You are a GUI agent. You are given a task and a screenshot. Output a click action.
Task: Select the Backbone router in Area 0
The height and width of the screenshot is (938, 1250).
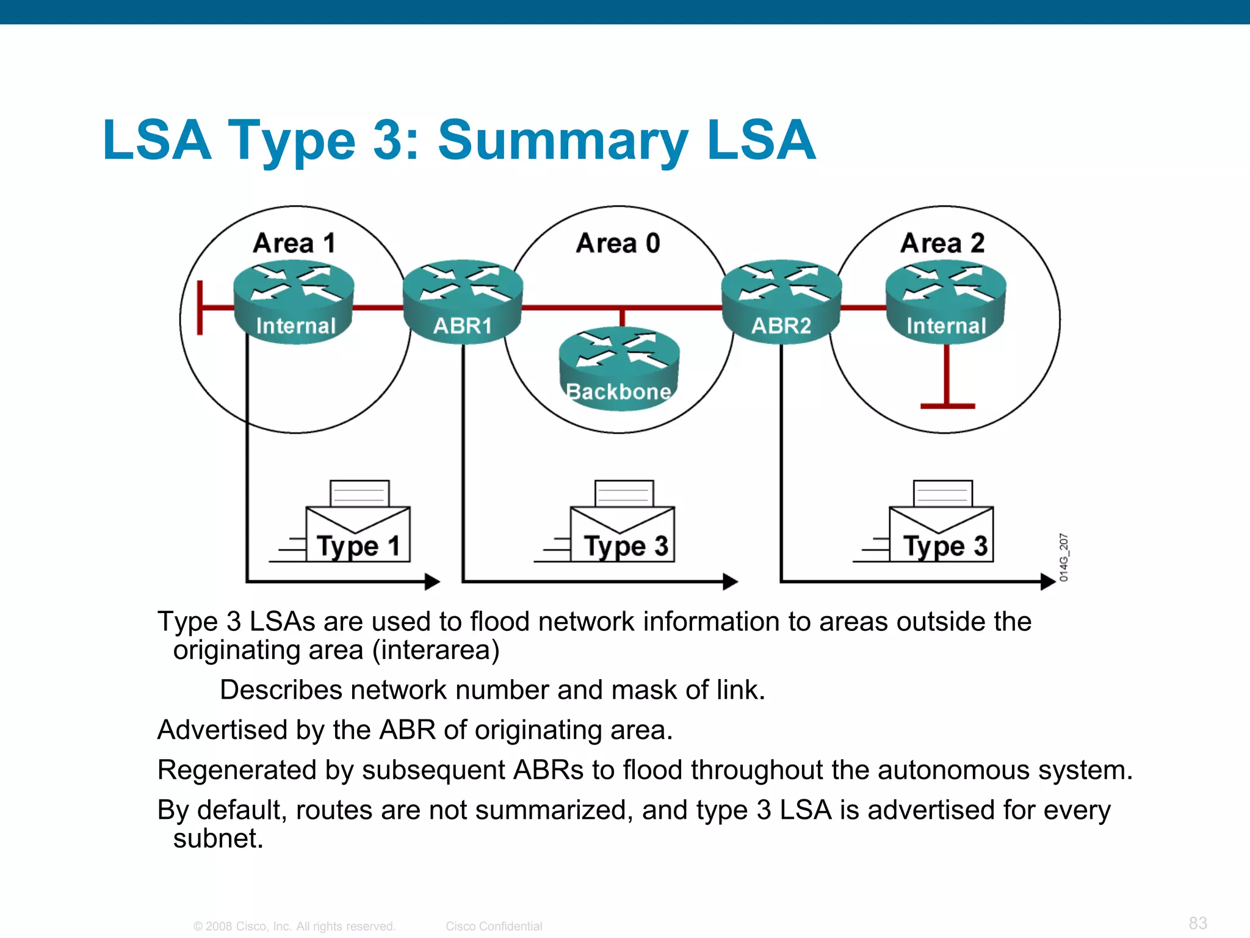coord(619,369)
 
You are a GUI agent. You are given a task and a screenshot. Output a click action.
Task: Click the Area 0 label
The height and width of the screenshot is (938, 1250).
coord(618,243)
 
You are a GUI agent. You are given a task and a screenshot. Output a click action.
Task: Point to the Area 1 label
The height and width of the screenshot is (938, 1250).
coord(294,243)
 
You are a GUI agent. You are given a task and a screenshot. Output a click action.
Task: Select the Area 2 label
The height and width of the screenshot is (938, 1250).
coord(942,243)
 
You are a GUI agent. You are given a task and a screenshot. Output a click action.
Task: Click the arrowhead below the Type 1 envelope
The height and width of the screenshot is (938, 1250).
coord(432,581)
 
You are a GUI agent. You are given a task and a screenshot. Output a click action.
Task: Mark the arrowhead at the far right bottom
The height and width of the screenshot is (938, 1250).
coord(1048,581)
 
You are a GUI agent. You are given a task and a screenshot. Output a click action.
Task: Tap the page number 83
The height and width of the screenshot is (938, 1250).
coord(1198,923)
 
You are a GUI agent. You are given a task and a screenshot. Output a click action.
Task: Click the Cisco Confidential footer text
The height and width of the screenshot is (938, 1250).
coord(493,926)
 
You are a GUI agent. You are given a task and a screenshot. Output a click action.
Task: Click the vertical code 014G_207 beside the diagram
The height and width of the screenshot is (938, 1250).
coord(1064,557)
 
